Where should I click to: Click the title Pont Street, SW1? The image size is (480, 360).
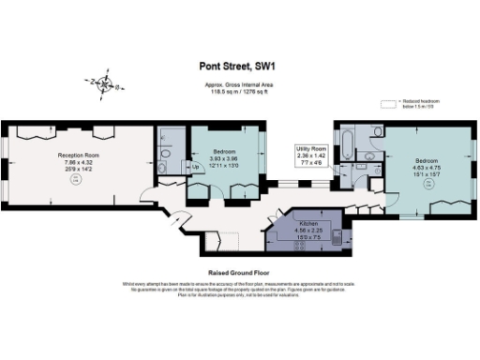[x=239, y=66]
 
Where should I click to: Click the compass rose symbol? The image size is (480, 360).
[x=104, y=86]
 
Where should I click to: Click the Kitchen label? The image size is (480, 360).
[x=307, y=225]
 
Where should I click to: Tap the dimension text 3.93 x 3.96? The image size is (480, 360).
[x=222, y=158]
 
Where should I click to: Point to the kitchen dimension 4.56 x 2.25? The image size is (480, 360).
[x=307, y=232]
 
